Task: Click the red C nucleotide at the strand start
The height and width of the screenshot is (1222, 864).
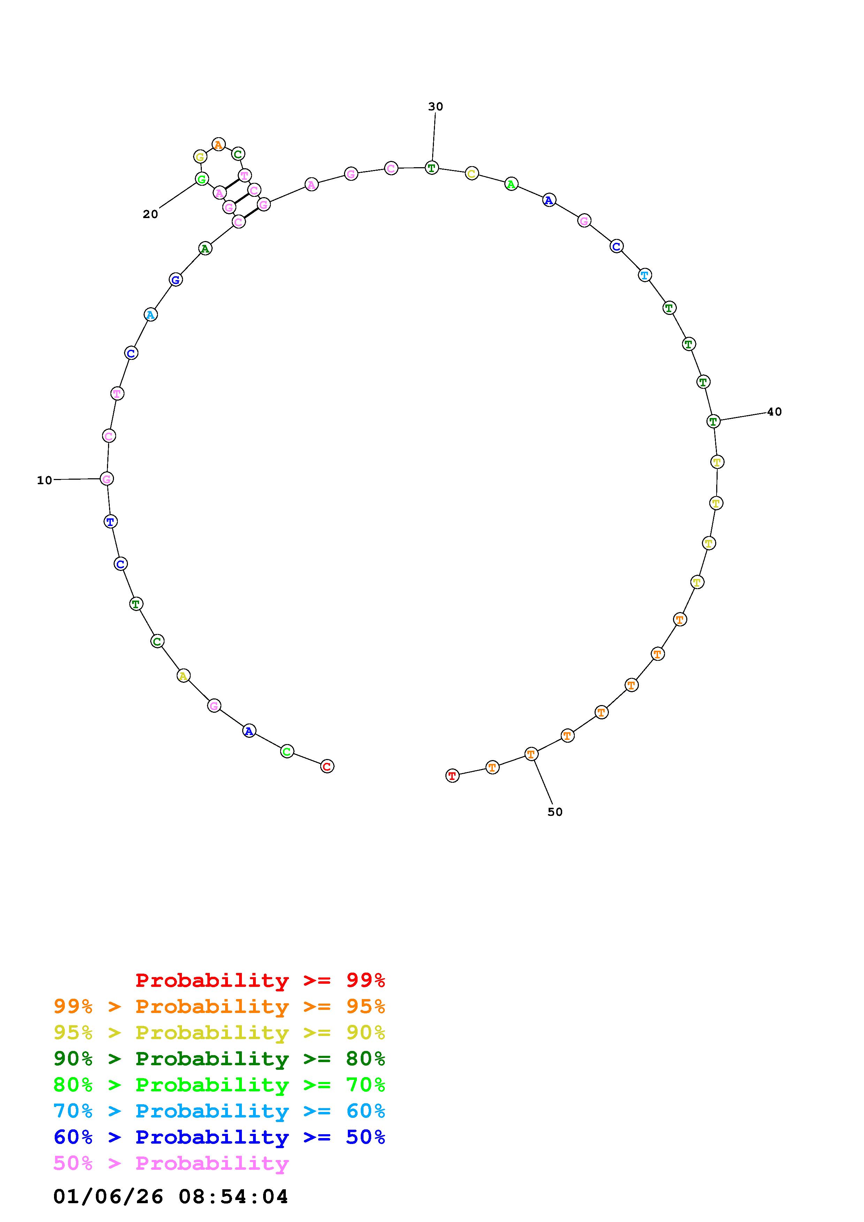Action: coord(327,766)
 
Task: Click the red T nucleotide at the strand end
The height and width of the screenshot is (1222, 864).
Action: coord(452,775)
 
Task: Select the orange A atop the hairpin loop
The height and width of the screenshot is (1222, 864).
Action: coord(218,144)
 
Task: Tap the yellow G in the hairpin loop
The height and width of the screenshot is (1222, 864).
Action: coord(200,156)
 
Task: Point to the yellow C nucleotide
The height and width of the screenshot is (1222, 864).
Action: coord(472,173)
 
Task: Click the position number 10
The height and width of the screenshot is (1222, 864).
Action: coord(45,480)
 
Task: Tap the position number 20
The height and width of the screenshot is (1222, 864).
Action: coord(150,214)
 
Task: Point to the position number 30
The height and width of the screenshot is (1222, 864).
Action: coord(435,107)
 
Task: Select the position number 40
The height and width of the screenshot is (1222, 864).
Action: coord(774,411)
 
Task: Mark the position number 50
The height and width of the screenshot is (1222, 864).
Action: coord(555,812)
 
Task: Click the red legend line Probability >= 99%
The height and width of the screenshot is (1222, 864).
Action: coord(260,980)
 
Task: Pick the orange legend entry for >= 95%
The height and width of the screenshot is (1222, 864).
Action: coord(219,1006)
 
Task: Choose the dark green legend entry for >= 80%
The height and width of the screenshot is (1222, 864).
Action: coord(219,1059)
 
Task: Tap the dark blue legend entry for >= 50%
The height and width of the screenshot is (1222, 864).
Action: coord(219,1137)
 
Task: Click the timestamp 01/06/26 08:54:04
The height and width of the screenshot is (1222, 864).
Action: coord(170,1197)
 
